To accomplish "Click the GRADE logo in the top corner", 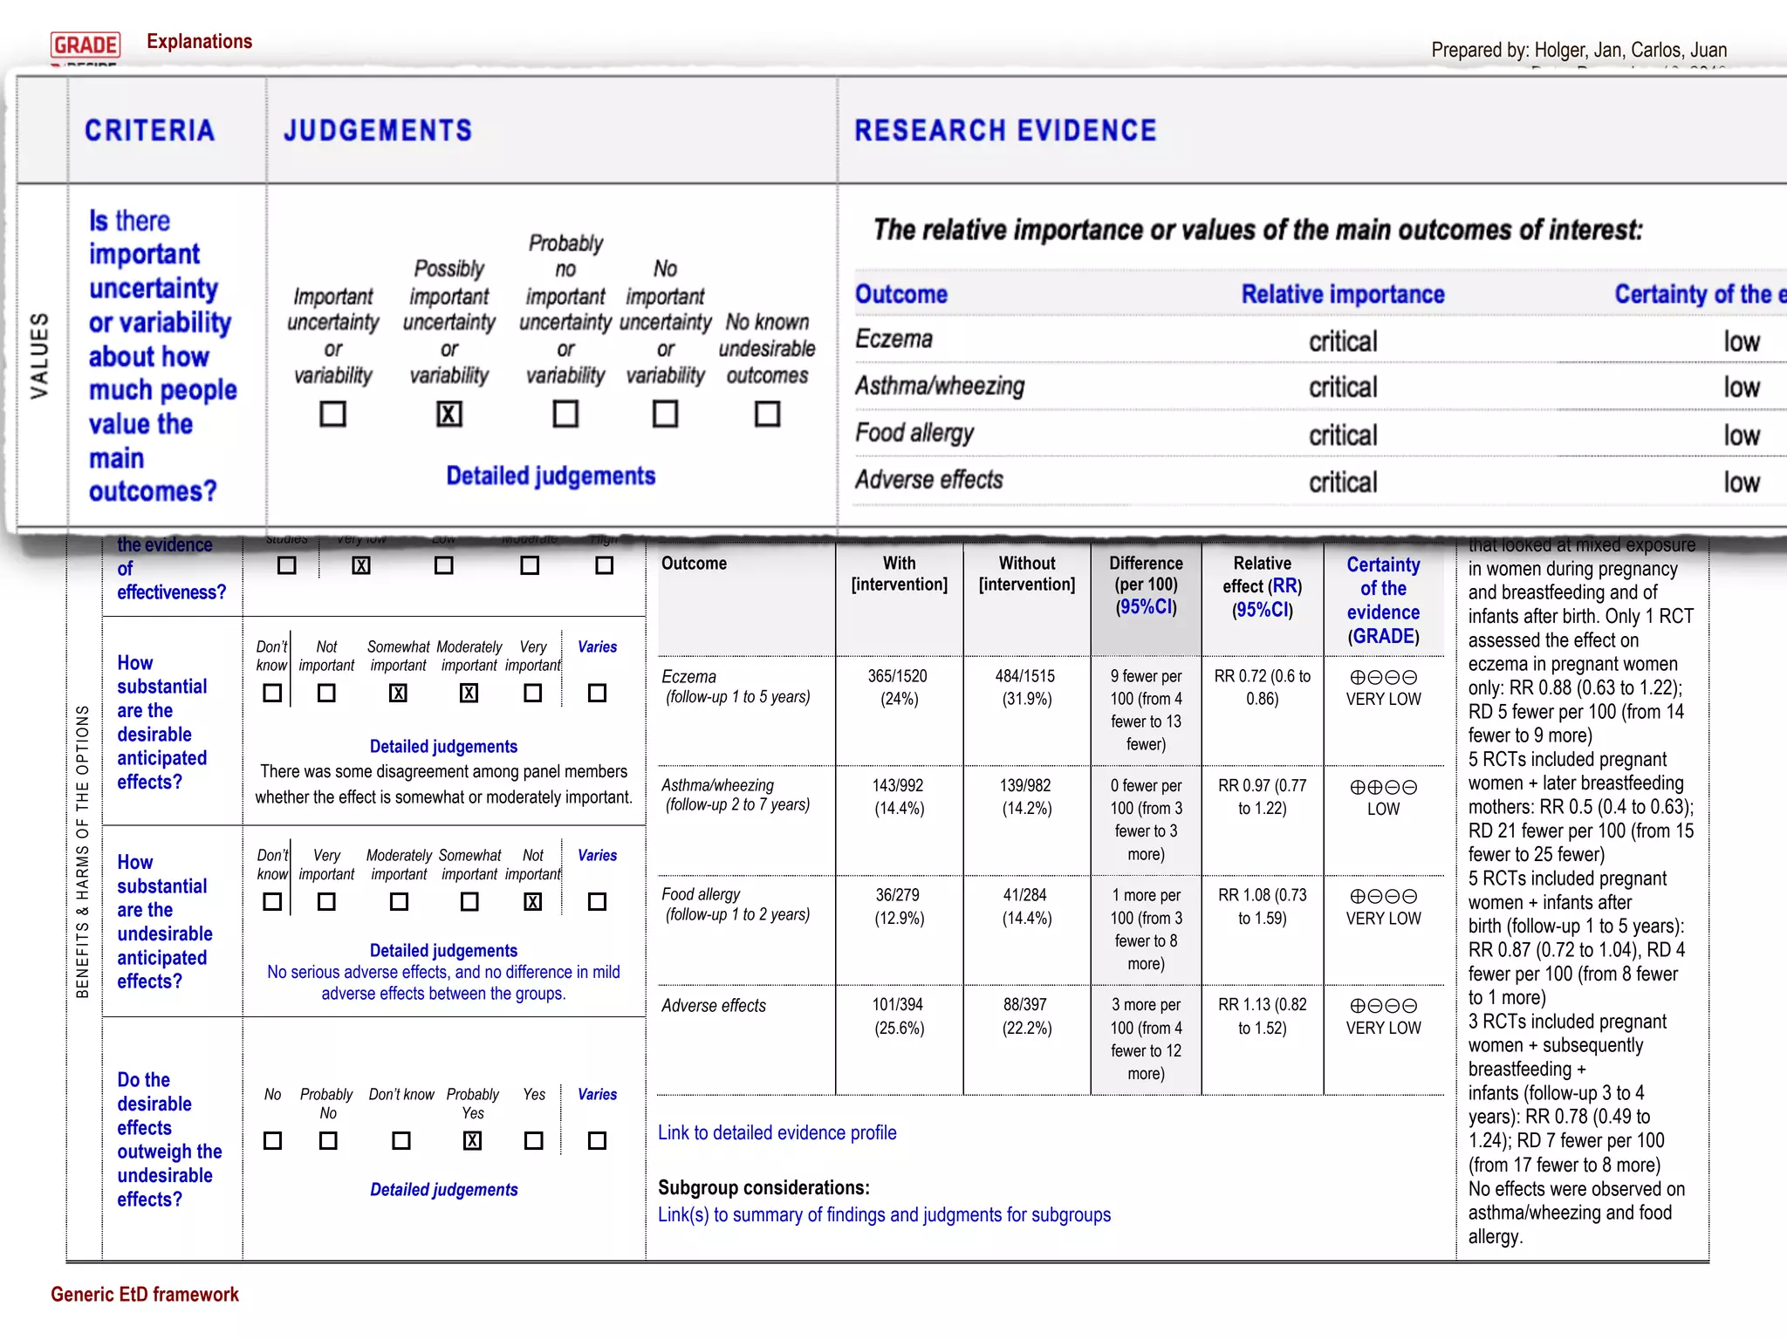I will [x=86, y=44].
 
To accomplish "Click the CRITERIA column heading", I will [x=149, y=131].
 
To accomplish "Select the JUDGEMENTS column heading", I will [x=377, y=131].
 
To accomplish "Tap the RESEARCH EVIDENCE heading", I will [x=1004, y=131].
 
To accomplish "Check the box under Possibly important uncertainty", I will [x=448, y=414].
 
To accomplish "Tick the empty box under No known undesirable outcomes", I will [x=767, y=414].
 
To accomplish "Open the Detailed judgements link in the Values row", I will [x=551, y=476].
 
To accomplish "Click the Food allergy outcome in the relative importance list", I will [x=914, y=434].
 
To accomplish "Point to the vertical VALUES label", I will [x=40, y=355].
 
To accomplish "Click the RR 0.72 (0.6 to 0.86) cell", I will [x=1262, y=687].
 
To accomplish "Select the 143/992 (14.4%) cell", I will [x=899, y=796].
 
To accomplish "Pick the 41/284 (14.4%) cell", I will [x=1026, y=906].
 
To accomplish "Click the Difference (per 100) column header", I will [x=1146, y=585].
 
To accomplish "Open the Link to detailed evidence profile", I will [x=777, y=1132].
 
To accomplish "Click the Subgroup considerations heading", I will [x=763, y=1187].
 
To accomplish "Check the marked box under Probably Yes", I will [x=472, y=1140].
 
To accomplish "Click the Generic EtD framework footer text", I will [x=144, y=1295].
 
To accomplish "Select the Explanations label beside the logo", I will [x=199, y=41].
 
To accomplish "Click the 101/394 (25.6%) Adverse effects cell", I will [x=899, y=1016].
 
